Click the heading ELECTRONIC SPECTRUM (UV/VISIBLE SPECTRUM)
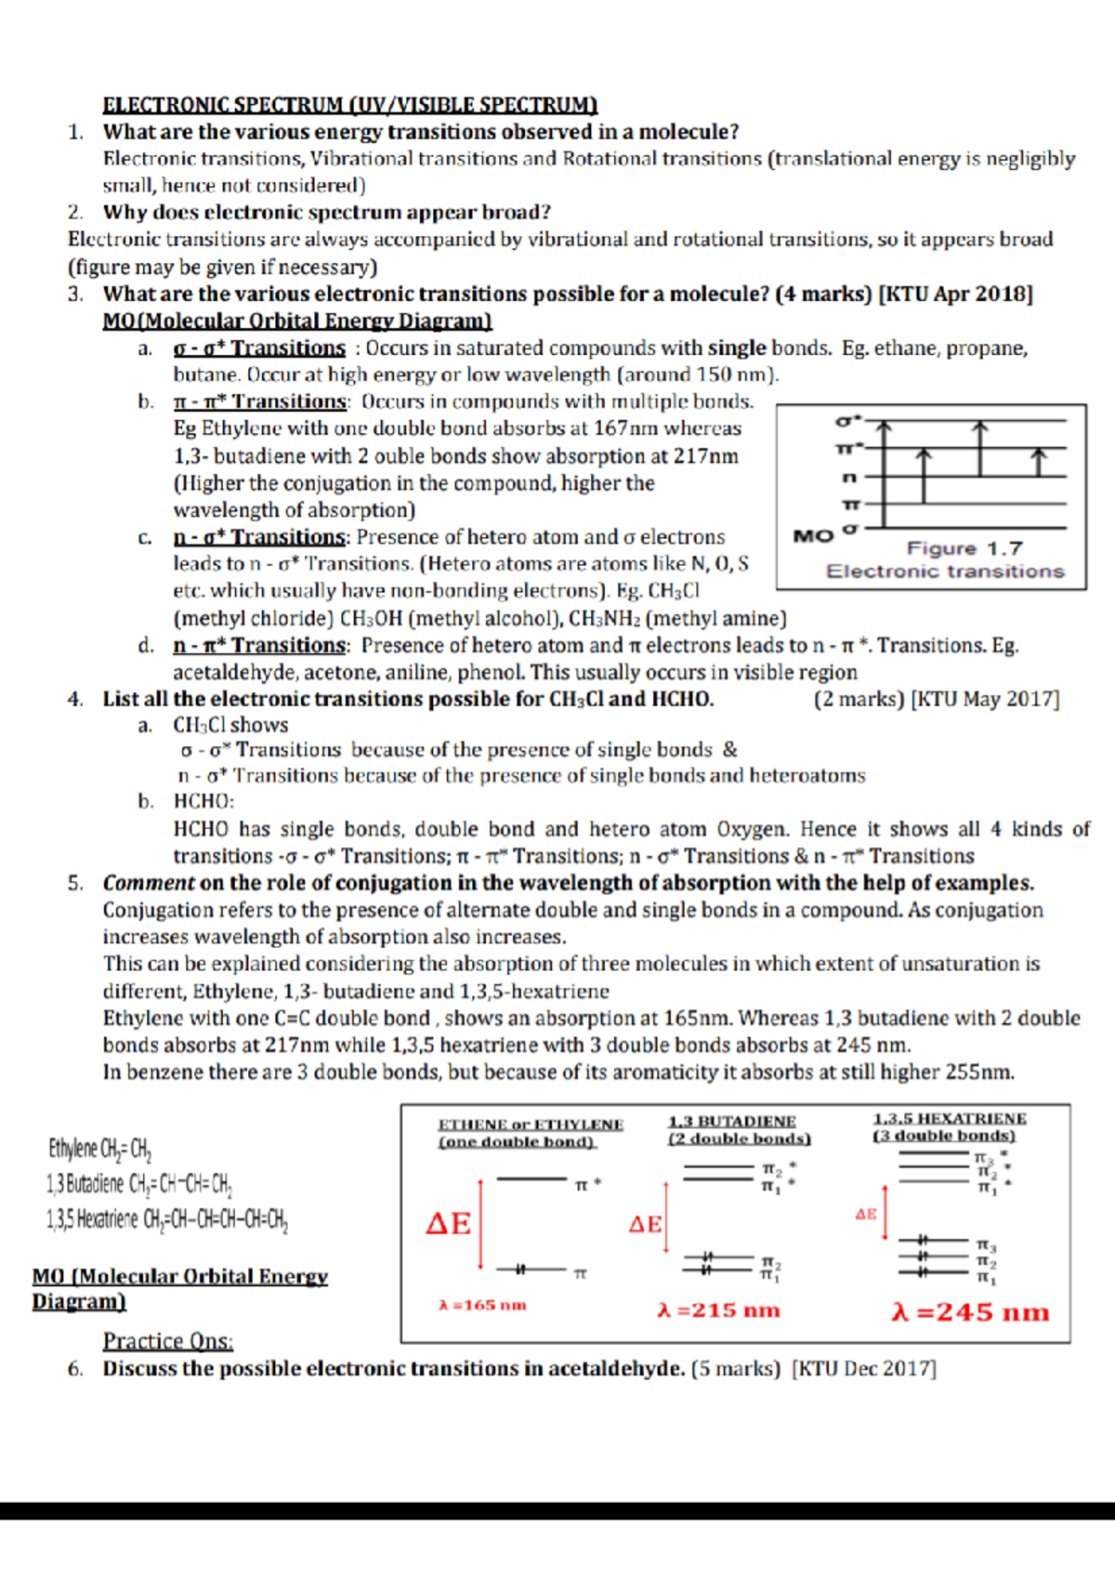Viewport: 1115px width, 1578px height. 349,105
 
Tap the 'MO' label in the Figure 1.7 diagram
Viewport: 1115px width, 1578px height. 813,536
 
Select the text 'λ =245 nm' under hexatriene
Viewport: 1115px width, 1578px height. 969,1312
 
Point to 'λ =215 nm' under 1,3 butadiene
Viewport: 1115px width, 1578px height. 718,1310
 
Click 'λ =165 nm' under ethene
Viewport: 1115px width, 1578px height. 482,1305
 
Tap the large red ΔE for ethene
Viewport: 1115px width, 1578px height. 449,1223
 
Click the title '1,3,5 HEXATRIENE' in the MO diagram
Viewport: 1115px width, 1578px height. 949,1119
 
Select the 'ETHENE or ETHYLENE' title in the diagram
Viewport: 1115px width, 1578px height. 530,1124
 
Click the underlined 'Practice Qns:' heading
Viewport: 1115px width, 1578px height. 168,1341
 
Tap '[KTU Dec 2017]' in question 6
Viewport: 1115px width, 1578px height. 864,1369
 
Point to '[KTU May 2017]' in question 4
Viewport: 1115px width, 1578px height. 986,699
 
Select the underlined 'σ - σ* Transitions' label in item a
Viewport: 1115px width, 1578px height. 259,348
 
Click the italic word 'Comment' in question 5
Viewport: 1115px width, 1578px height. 149,883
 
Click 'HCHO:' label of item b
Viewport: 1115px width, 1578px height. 203,801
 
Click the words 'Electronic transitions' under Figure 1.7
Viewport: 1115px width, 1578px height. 945,572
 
